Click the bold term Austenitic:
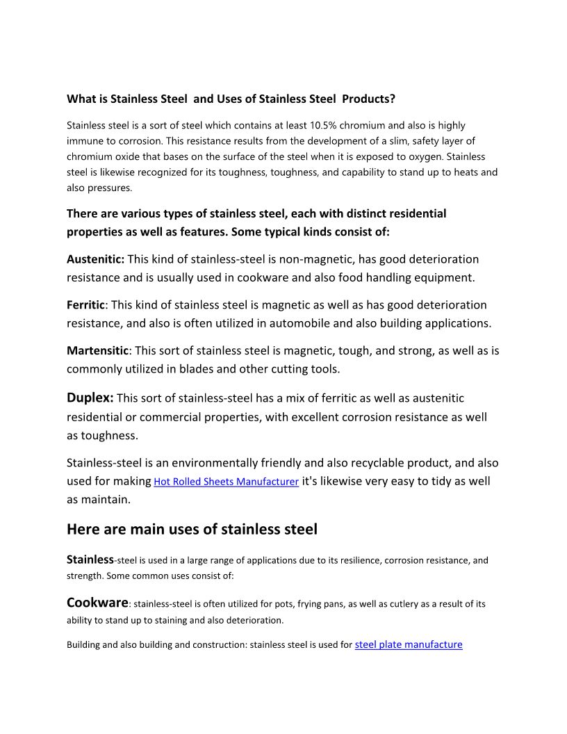pos(95,259)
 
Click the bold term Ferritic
pos(85,305)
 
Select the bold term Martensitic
pos(97,351)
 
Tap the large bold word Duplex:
pos(90,398)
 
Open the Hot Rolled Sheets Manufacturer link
pos(227,482)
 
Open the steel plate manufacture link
pos(408,645)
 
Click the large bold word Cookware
pos(97,603)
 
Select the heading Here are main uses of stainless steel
pos(192,530)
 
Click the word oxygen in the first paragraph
pos(429,157)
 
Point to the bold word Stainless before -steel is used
pos(90,560)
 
